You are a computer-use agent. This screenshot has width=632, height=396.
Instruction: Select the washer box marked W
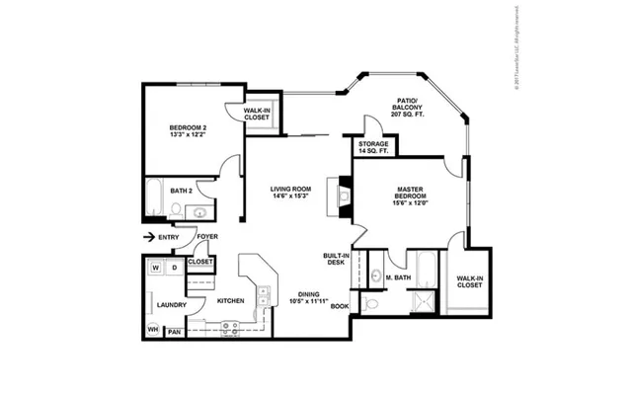156,268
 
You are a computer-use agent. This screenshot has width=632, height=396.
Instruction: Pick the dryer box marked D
174,268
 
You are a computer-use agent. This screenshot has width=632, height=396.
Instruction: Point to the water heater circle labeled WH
153,329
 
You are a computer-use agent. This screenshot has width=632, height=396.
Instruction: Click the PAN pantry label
174,331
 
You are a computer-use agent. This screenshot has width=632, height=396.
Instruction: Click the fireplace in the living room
344,196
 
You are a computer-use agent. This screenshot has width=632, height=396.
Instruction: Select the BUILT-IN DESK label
334,260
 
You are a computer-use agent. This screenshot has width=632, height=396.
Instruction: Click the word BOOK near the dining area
340,306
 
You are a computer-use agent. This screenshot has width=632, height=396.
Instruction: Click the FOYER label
206,237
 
